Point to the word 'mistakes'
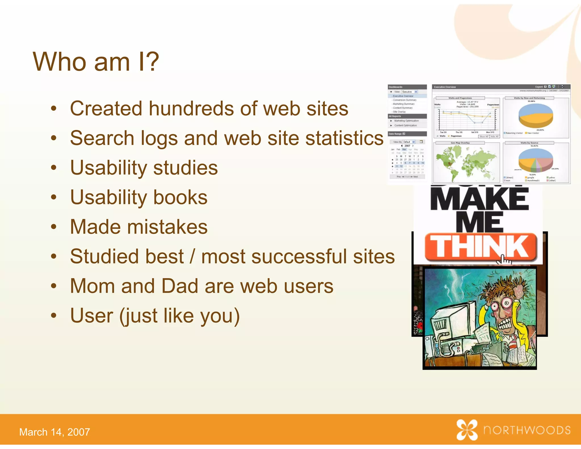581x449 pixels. click(167, 227)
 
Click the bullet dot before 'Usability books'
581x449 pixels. click(54, 197)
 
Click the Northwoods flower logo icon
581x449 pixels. click(467, 430)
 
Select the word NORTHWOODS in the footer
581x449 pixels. click(527, 430)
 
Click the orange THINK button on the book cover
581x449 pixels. click(481, 247)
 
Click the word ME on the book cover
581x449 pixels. click(479, 223)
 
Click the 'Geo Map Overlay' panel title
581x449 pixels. click(460, 143)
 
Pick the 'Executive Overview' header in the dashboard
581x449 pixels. click(445, 87)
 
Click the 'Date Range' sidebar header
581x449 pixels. click(395, 134)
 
